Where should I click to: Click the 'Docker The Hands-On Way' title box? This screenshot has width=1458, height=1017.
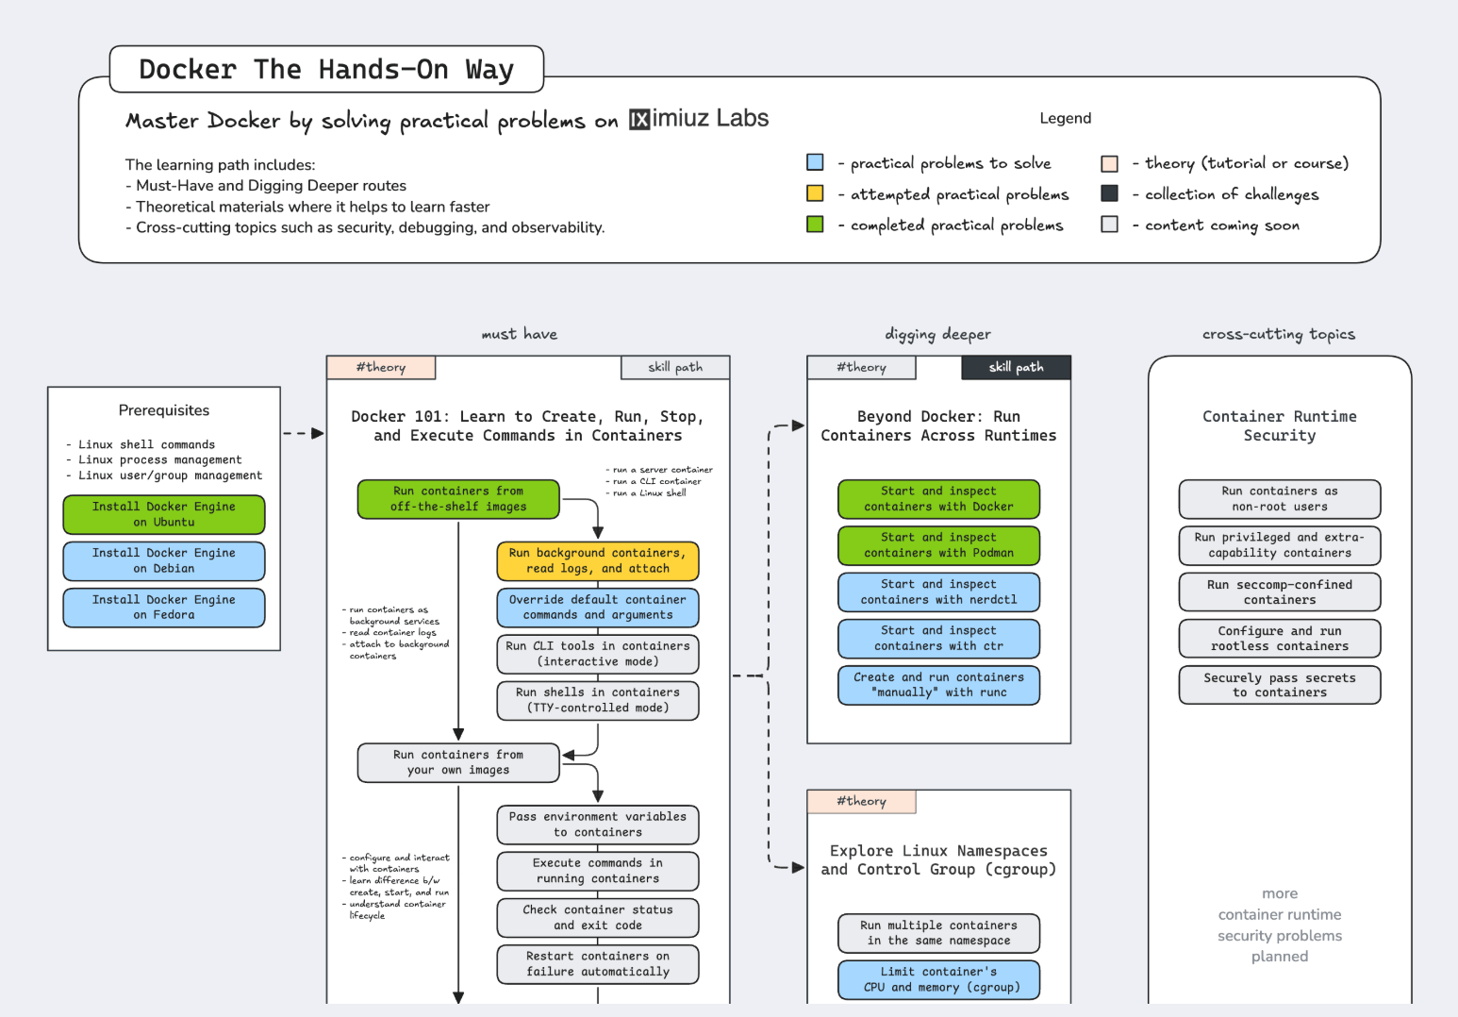coord(326,69)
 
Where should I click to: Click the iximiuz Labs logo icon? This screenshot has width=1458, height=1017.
coord(639,119)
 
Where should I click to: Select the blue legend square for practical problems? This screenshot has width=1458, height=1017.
coord(815,162)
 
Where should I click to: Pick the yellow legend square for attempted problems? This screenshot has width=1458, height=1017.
coord(815,193)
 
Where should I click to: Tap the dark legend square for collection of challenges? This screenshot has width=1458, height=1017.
coord(1110,193)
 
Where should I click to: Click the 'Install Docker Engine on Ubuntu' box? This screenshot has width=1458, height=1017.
coord(164,514)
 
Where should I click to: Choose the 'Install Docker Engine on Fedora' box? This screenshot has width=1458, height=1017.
coord(164,607)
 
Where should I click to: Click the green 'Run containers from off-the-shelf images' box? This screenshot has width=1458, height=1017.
coord(458,499)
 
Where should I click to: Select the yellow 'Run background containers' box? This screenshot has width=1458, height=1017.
coord(598,560)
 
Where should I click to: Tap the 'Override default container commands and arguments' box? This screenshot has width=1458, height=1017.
coord(598,607)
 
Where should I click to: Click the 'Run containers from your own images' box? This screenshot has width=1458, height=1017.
coord(458,762)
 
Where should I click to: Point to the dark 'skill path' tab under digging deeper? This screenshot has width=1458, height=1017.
coord(1016,367)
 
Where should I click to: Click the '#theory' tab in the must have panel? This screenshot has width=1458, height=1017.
coord(381,367)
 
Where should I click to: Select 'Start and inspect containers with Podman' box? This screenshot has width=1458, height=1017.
coord(938,545)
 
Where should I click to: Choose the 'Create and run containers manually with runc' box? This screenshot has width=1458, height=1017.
coord(938,684)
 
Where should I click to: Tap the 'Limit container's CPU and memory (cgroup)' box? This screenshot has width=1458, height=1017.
coord(938,979)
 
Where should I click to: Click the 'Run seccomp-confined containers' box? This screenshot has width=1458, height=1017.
coord(1279,592)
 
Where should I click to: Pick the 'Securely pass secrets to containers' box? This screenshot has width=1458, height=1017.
coord(1279,685)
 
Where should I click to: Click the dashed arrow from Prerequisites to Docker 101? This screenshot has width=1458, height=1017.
coord(303,434)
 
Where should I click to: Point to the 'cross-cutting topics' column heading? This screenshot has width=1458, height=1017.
coord(1278,334)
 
